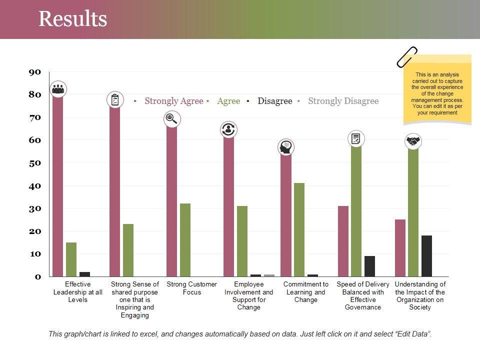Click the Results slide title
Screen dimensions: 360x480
[73, 19]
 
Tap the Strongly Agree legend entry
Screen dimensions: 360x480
[173, 101]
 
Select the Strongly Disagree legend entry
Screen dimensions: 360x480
[343, 101]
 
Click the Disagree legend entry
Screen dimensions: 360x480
[274, 101]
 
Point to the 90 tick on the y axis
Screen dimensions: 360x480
[34, 72]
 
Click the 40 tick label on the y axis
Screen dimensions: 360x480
[34, 186]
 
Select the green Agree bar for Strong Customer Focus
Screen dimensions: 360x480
[185, 240]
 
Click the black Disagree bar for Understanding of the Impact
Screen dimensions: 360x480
[426, 256]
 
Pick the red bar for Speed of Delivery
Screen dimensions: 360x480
[343, 241]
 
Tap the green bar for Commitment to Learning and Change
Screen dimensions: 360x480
[299, 230]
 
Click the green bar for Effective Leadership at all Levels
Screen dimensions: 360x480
[71, 259]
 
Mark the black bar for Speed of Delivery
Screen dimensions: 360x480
[369, 266]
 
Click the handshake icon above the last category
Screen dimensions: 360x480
[413, 141]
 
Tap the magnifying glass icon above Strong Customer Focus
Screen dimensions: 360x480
[171, 118]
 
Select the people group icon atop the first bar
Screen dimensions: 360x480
[58, 89]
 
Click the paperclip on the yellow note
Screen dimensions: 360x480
[406, 56]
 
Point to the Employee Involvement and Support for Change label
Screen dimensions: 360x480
[249, 296]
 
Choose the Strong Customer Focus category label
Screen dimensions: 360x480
[192, 288]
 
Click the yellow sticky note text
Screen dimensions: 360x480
[437, 94]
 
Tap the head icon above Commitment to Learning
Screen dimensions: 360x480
[285, 147]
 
